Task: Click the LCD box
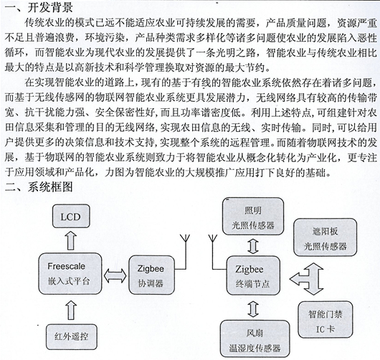pos(71,217)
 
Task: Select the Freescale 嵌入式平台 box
pos(70,274)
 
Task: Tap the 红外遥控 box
pos(71,337)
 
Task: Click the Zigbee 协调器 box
pos(151,275)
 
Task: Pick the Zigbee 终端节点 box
pos(253,276)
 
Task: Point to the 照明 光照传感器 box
pos(253,217)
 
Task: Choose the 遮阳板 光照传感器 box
pos(325,237)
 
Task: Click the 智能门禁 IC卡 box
pos(326,320)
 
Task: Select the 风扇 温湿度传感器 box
pos(255,338)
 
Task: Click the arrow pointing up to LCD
pos(71,240)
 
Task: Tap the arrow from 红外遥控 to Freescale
pos(71,310)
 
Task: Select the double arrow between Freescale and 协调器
pos(115,276)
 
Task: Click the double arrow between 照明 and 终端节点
pos(253,246)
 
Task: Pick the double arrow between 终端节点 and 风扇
pos(253,308)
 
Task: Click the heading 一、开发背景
pos(39,7)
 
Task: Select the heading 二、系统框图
pos(39,186)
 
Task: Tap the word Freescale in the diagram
pos(66,266)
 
